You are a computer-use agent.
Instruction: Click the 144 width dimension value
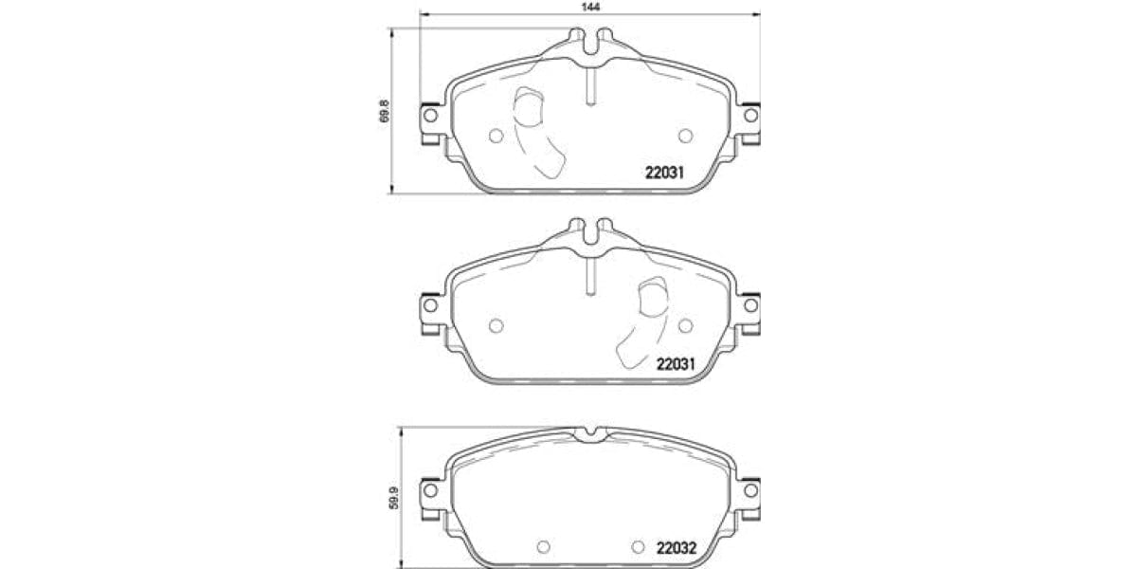tap(591, 6)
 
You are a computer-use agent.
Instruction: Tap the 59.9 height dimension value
tap(395, 497)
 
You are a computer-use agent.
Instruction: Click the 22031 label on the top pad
tap(664, 173)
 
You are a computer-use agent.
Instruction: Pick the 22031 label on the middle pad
tap(677, 363)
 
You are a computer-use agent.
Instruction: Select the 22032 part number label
tap(677, 547)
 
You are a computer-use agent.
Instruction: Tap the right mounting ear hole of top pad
tap(750, 116)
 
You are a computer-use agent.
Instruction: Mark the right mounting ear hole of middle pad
tap(750, 305)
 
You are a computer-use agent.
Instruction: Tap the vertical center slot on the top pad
tap(589, 87)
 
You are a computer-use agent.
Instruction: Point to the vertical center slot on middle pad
tap(589, 277)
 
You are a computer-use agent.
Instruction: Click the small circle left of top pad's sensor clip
tap(495, 136)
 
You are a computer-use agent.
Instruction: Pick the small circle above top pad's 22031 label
tap(686, 136)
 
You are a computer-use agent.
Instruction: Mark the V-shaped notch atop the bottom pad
tap(589, 433)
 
